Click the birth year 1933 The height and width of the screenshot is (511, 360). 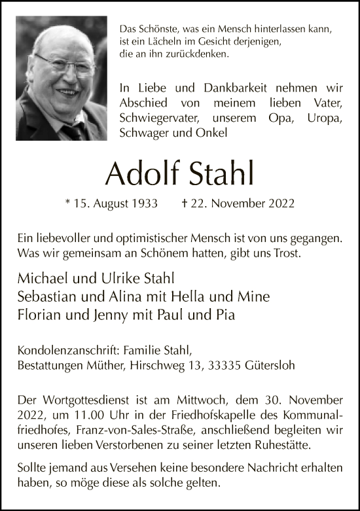pos(145,203)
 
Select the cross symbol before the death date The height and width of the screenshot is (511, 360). pos(185,203)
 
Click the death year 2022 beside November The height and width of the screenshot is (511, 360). pos(282,203)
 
